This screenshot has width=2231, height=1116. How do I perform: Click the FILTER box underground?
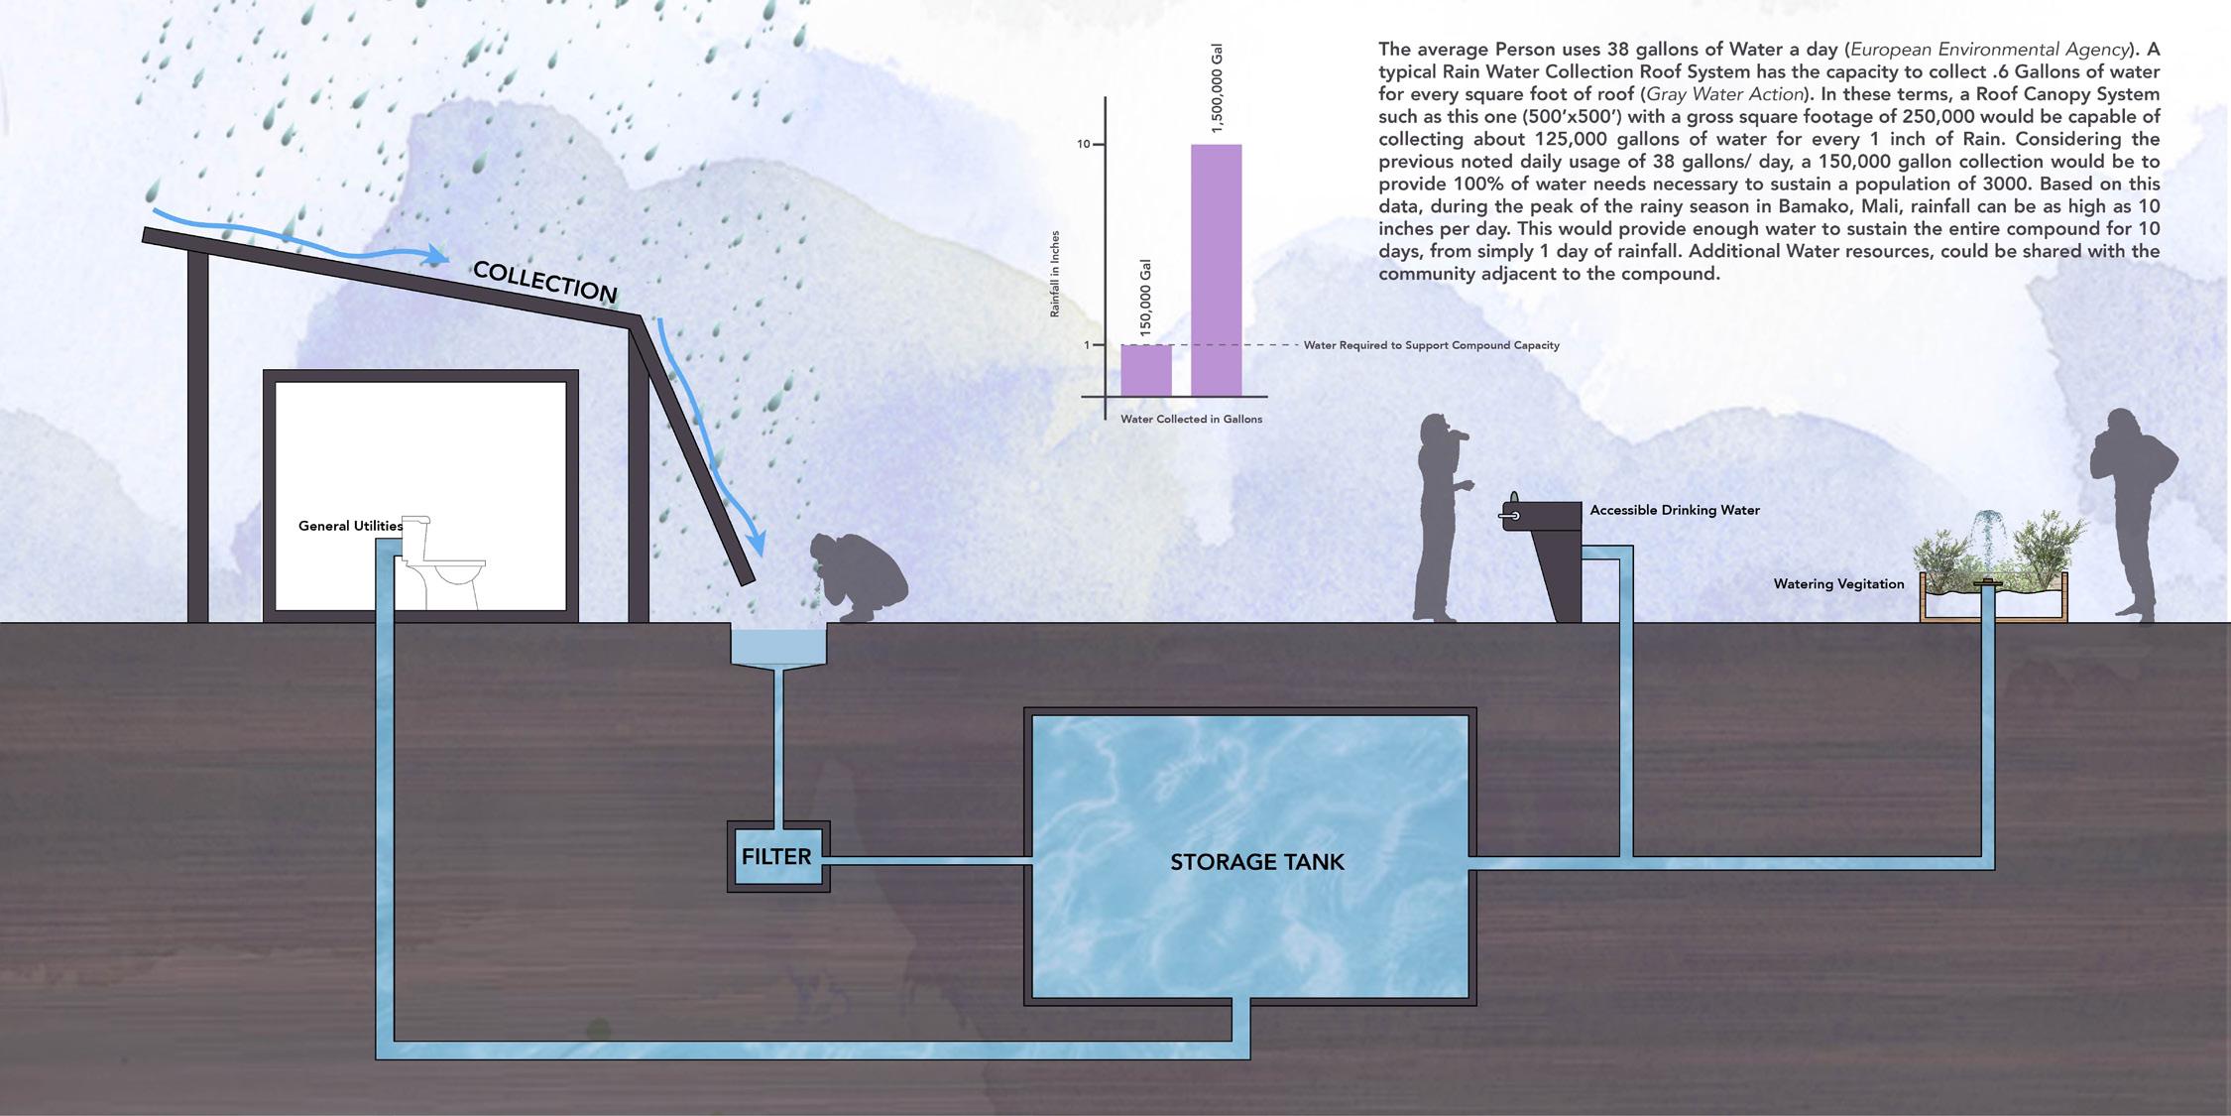tap(778, 856)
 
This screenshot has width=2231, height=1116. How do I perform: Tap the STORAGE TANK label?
tap(1257, 862)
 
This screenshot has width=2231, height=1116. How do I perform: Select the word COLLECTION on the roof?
tap(544, 282)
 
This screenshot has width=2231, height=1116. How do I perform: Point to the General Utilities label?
tap(351, 526)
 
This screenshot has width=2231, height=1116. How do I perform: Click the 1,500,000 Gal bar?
tap(1216, 270)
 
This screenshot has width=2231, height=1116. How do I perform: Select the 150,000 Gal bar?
tap(1146, 370)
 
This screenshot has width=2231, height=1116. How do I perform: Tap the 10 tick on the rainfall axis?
tap(1083, 145)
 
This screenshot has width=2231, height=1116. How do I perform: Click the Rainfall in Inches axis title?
tap(1055, 274)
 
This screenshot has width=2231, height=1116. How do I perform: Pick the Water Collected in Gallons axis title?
tap(1192, 420)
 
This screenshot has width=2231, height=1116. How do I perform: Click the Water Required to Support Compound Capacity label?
tap(1432, 345)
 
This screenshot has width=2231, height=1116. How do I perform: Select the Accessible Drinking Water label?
tap(1675, 510)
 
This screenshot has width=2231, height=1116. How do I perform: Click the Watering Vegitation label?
tap(1839, 584)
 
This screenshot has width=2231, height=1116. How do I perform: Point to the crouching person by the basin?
tap(859, 578)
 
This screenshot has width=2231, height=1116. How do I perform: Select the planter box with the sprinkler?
tap(1994, 597)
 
